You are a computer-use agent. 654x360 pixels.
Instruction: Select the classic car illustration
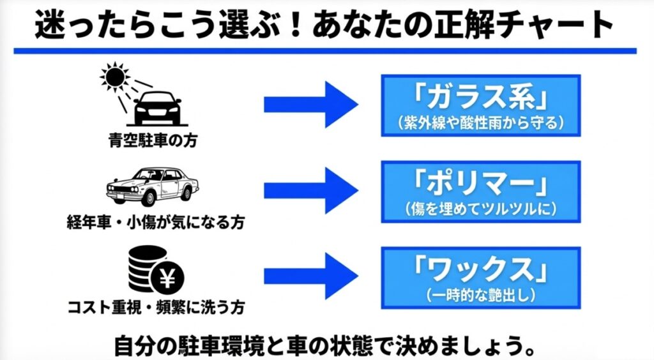152,185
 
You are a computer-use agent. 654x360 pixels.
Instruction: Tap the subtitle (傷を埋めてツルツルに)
480,208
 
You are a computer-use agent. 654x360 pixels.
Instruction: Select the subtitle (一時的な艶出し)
480,294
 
